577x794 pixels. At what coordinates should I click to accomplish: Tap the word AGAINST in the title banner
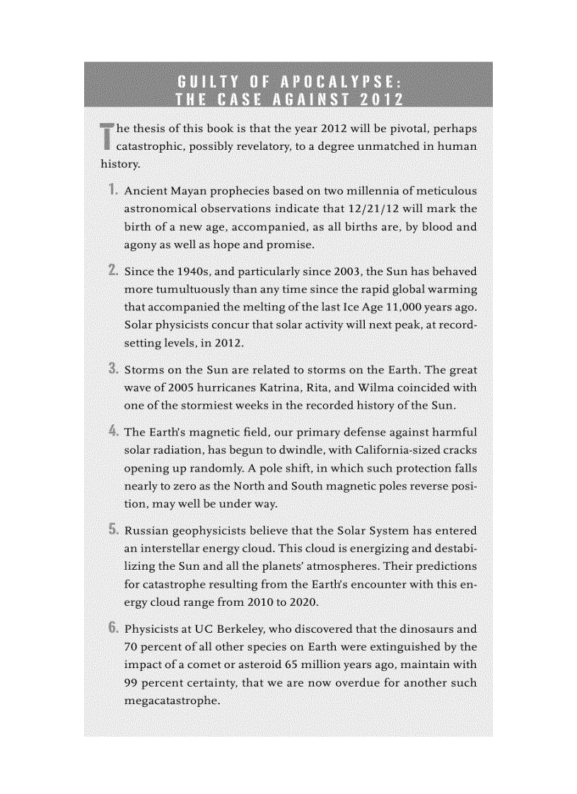pyautogui.click(x=295, y=98)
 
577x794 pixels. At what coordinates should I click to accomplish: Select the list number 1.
pyautogui.click(x=112, y=190)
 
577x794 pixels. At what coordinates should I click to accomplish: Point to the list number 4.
pyautogui.click(x=112, y=431)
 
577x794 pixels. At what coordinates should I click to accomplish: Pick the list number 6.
pyautogui.click(x=112, y=628)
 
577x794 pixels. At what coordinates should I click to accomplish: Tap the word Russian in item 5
pyautogui.click(x=147, y=530)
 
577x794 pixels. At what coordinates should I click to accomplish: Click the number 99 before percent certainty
pyautogui.click(x=132, y=683)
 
